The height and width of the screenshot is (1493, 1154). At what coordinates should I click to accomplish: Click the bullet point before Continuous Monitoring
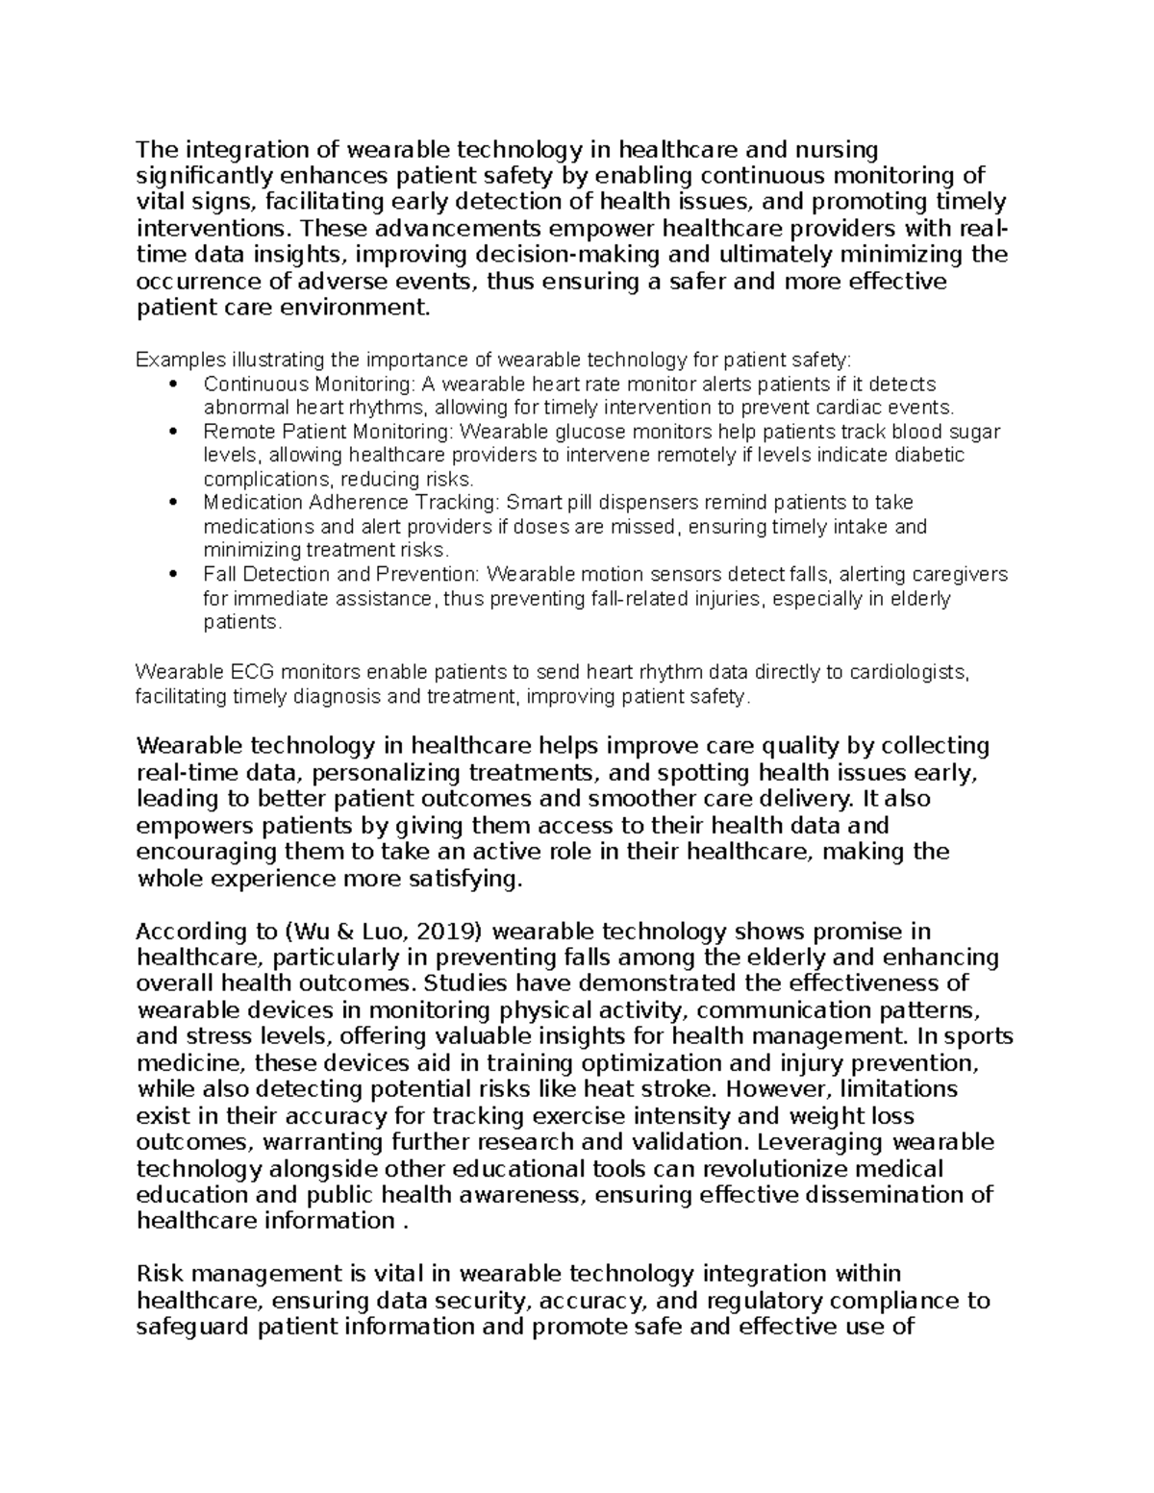click(173, 385)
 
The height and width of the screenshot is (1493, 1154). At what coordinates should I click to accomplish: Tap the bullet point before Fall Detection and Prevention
click(173, 575)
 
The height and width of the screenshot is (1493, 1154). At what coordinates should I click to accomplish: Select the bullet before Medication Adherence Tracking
click(173, 503)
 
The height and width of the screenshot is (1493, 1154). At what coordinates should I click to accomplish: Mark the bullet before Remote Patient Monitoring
click(173, 432)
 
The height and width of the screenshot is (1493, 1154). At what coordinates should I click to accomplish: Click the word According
click(189, 932)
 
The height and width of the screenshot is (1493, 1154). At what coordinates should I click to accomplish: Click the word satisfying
click(464, 879)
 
